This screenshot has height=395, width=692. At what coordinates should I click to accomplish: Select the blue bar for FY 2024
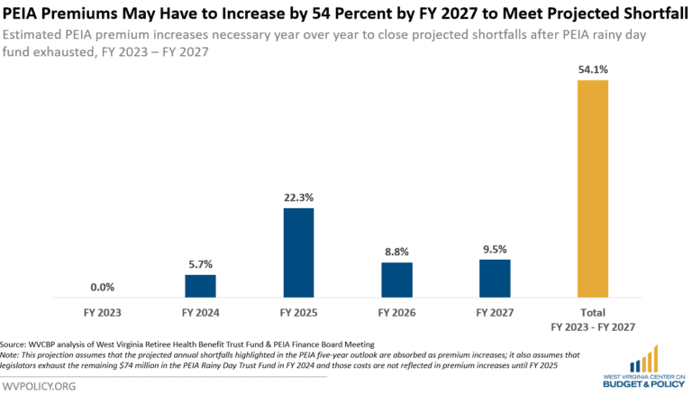[x=201, y=286]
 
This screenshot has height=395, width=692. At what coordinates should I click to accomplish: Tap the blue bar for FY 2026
[x=397, y=280]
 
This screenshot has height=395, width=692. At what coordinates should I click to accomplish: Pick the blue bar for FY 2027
[x=495, y=279]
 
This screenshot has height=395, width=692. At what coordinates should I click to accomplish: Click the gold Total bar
[x=593, y=188]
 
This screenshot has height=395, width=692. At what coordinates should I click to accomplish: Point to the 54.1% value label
[x=593, y=69]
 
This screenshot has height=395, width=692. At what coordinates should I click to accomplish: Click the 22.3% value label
[x=299, y=197]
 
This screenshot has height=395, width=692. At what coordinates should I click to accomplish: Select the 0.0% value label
[x=103, y=286]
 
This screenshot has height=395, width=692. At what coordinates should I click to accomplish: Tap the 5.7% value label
[x=201, y=263]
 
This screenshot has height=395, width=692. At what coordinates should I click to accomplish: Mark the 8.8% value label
[x=397, y=252]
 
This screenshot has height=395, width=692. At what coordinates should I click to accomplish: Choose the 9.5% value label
[x=495, y=248]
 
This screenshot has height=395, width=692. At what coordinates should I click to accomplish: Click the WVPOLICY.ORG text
[x=40, y=385]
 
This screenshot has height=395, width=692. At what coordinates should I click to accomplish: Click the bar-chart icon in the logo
[x=645, y=359]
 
